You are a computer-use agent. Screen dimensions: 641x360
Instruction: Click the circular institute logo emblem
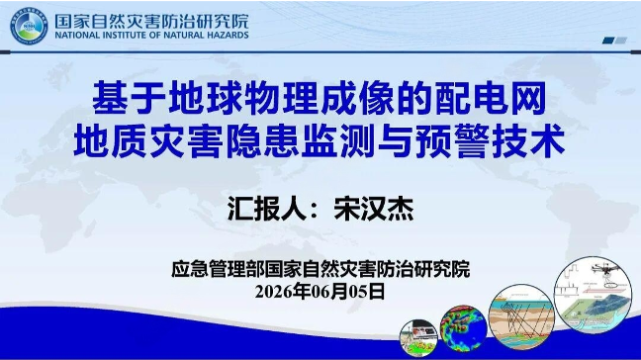pos(29,26)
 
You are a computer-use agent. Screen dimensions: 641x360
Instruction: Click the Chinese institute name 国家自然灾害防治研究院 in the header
pos(151,21)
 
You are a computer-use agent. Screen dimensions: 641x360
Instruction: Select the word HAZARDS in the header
pos(228,36)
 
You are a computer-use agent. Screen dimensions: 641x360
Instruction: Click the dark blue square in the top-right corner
pos(608,40)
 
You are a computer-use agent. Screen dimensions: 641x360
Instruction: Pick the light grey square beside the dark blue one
pos(621,40)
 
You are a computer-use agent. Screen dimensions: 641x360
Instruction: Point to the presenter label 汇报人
pos(267,209)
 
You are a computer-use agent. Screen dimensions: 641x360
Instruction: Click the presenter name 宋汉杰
pos(374,209)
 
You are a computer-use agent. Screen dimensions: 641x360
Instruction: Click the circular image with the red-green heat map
pos(463,328)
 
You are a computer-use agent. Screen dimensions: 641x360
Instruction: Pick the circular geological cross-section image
pos(521,316)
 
